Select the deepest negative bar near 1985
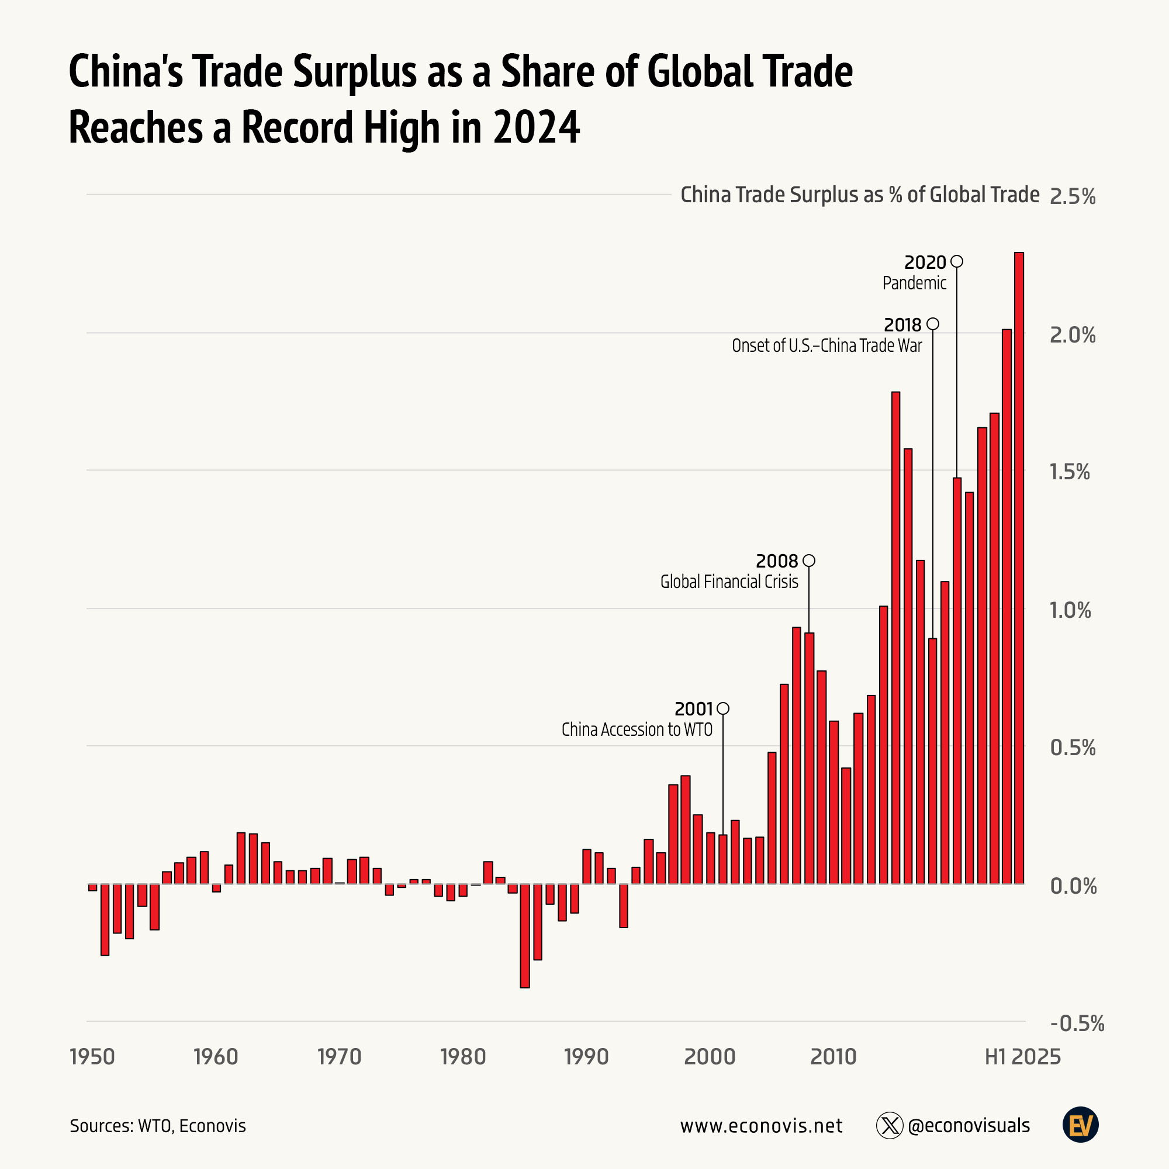(x=525, y=935)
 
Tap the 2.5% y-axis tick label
(x=1072, y=196)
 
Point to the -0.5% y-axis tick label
(x=1077, y=1024)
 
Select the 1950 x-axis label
(x=92, y=1057)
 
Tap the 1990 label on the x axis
(x=586, y=1057)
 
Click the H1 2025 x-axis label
(x=1022, y=1057)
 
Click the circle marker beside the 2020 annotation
(x=957, y=261)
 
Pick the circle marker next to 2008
(x=808, y=561)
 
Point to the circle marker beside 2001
(x=722, y=708)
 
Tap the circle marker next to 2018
(x=932, y=324)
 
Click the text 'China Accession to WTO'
(x=637, y=729)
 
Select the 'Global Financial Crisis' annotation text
(x=728, y=582)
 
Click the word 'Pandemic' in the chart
(x=914, y=283)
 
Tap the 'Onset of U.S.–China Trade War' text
(x=826, y=346)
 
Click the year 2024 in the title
(x=536, y=127)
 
